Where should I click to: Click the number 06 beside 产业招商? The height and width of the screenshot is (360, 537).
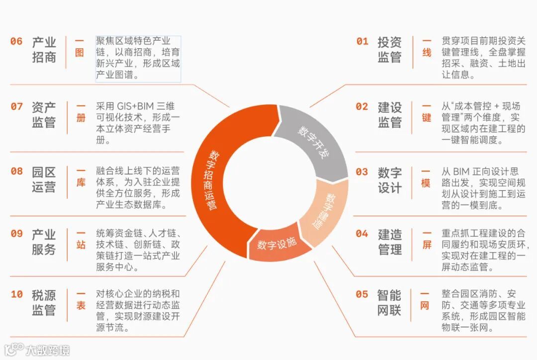[x=16, y=41]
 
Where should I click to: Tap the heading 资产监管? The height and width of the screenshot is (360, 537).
[x=44, y=114]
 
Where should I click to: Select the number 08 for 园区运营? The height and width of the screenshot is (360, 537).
[x=16, y=172]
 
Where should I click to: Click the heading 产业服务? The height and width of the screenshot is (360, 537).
[x=44, y=242]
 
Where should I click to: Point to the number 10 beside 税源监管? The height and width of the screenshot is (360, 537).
[x=16, y=294]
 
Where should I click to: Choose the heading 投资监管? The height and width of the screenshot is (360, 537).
[x=389, y=49]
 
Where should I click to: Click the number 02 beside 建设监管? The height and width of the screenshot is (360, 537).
[x=362, y=107]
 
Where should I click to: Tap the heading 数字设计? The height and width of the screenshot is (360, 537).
[x=389, y=180]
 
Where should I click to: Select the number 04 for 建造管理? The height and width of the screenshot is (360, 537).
[x=362, y=234]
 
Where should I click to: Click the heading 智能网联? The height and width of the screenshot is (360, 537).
[x=389, y=302]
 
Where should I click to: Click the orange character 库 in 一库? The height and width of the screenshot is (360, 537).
[x=81, y=182]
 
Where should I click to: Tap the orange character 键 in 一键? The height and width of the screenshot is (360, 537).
[x=427, y=118]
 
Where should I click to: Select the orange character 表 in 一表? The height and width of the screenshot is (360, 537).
[x=81, y=305]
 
